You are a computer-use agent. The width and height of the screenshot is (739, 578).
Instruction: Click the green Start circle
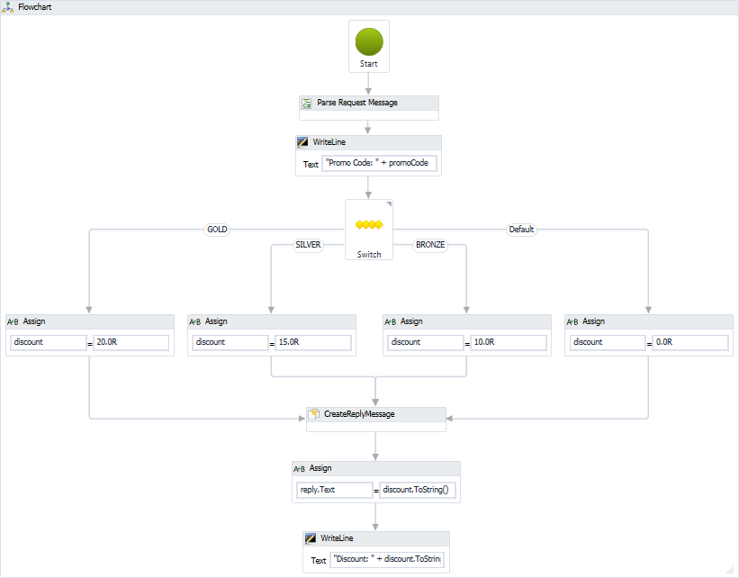point(369,41)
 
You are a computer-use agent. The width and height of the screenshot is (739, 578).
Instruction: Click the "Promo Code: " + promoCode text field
point(379,163)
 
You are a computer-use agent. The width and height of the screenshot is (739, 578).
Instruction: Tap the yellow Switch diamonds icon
point(369,224)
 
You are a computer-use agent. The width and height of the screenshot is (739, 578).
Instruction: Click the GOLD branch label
point(217,230)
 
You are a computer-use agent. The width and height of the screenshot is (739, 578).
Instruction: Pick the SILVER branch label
point(308,245)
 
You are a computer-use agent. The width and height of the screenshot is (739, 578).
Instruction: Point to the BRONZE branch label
point(430,245)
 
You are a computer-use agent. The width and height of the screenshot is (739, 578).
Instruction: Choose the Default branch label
point(521,230)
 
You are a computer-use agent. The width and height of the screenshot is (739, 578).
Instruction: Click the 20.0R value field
point(131,342)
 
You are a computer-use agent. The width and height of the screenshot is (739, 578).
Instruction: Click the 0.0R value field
point(690,342)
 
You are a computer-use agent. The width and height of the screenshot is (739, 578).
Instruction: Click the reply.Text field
point(334,490)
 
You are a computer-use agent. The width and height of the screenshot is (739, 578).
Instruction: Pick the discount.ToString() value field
point(419,490)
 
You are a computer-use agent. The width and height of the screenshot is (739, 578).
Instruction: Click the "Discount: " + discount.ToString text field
point(387,559)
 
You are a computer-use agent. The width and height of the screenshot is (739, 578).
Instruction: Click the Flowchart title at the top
point(35,7)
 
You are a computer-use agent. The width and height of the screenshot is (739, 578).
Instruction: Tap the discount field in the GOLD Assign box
point(49,342)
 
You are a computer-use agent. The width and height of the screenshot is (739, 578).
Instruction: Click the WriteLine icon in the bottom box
point(311,538)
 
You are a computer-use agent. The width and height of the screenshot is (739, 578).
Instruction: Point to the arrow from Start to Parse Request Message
point(369,84)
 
